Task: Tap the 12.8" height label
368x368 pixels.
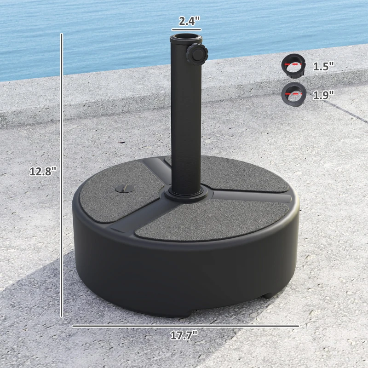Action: pyautogui.click(x=42, y=171)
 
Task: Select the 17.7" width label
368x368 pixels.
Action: pyautogui.click(x=184, y=335)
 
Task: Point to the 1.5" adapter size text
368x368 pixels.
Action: pyautogui.click(x=323, y=66)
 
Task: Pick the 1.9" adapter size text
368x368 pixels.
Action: pyautogui.click(x=323, y=95)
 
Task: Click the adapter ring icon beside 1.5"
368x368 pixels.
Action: pyautogui.click(x=293, y=66)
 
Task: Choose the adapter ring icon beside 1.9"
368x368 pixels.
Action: pyautogui.click(x=293, y=94)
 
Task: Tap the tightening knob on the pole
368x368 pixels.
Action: pyautogui.click(x=197, y=54)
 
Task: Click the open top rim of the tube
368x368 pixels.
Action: pyautogui.click(x=186, y=36)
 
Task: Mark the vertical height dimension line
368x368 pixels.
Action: pyautogui.click(x=62, y=175)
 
